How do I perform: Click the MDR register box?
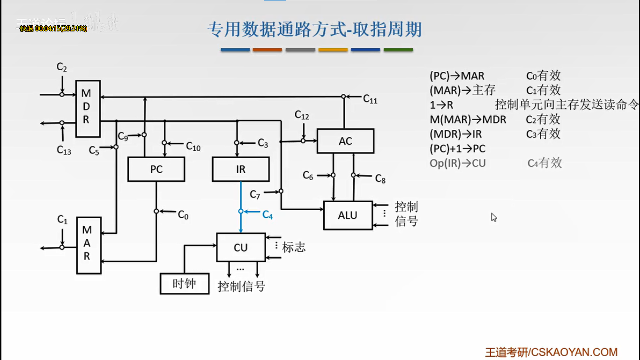88,108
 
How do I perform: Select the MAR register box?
89,245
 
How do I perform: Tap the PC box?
156,169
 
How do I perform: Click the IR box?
241,169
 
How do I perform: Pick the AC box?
345,141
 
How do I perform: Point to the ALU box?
348,215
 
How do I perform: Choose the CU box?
241,247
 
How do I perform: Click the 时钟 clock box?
184,284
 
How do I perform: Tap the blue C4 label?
268,215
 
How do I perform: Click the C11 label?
370,99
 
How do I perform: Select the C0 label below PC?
183,215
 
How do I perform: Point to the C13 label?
64,150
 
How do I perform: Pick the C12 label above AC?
302,115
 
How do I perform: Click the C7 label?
255,194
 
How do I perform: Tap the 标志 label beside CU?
294,247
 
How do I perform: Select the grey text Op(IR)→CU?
458,163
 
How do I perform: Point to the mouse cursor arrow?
493,217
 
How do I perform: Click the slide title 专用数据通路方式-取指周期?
314,30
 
